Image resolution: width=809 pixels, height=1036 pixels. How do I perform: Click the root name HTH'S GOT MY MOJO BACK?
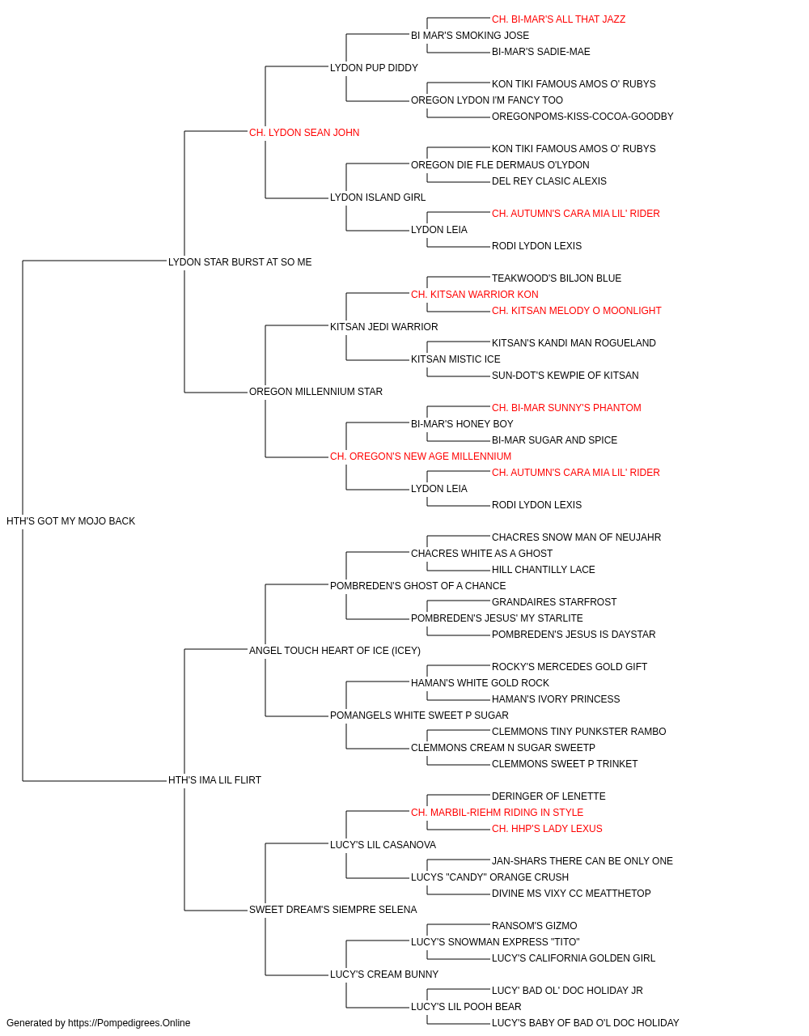70,521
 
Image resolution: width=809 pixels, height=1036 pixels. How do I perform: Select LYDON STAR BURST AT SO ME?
239,262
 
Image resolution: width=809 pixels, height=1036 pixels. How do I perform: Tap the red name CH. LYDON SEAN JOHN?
304,133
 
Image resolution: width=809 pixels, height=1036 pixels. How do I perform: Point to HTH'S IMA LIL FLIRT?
214,780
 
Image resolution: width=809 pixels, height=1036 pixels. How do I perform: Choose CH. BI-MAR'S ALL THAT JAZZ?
558,19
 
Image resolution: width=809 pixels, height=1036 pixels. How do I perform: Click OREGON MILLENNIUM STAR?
316,392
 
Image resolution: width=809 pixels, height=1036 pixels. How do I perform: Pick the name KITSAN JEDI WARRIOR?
383,326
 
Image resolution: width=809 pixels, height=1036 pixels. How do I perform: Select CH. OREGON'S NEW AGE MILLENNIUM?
420,456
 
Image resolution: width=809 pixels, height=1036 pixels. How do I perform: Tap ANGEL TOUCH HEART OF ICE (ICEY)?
334,650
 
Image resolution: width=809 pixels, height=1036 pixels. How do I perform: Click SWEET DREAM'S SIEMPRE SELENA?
332,909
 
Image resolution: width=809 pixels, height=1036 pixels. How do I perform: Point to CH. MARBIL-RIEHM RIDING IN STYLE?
497,812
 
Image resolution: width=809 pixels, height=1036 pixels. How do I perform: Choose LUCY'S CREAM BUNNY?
384,974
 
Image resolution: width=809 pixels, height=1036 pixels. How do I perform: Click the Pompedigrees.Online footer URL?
129,1023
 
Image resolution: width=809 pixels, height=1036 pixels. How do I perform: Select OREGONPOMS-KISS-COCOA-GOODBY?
582,117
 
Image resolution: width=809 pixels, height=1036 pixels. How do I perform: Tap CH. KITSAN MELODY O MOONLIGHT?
576,310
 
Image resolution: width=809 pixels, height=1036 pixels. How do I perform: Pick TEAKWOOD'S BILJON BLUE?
556,278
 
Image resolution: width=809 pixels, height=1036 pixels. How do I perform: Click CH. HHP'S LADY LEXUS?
547,828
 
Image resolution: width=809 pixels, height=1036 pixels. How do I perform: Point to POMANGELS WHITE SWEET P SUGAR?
419,715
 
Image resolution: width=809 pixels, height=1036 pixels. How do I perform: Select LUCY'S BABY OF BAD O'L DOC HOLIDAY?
585,1023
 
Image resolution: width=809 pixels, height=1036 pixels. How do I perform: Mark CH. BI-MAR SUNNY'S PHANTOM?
566,408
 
